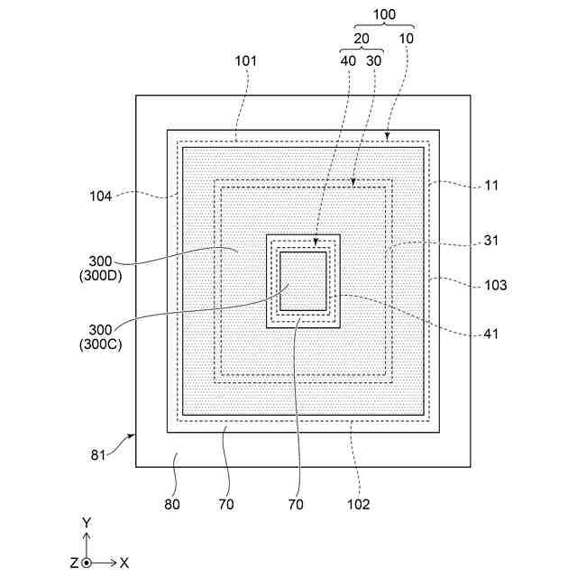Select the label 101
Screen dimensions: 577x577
245,61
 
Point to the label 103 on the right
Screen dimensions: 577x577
495,285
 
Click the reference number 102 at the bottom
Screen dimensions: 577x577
358,505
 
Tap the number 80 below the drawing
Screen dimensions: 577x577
171,505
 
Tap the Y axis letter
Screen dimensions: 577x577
86,523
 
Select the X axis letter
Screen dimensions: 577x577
124,563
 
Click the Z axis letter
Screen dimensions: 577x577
73,563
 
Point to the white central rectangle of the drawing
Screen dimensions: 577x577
303,281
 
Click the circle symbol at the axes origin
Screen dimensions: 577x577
87,563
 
